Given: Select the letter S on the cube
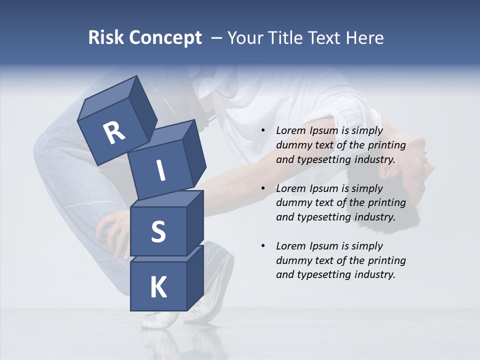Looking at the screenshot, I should pos(158,231).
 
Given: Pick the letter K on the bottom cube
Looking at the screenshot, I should pos(158,287).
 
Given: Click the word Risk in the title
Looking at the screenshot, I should pos(105,37).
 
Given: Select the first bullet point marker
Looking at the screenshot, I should pos(263,131).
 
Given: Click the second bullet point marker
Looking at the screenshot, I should pos(263,188).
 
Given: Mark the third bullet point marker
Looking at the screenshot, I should pos(263,246).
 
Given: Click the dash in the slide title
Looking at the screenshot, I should pos(217,37).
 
